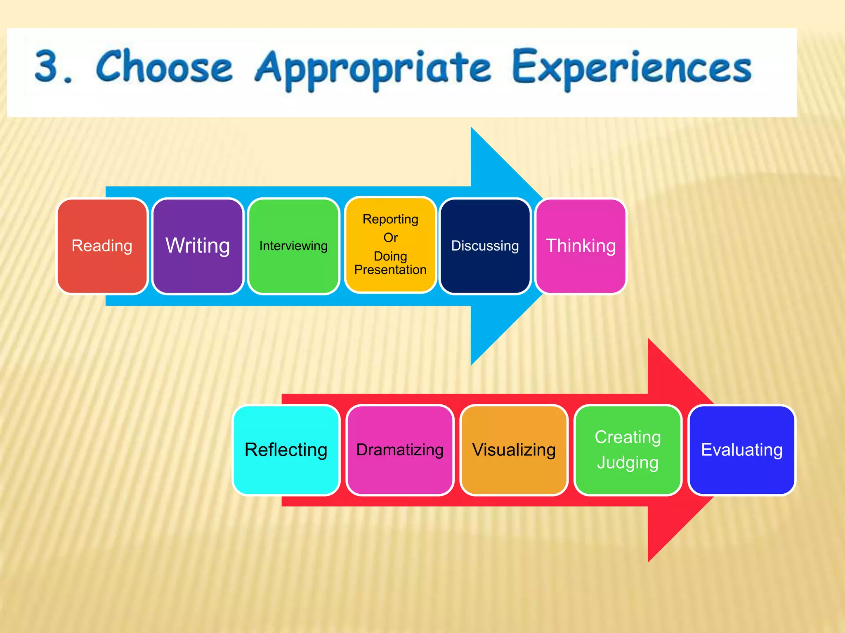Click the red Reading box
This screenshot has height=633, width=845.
tap(102, 246)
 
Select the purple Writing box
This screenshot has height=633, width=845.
tap(198, 246)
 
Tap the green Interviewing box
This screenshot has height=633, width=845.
tap(293, 246)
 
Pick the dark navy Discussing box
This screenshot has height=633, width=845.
tap(485, 246)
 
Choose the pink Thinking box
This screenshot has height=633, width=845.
tap(581, 246)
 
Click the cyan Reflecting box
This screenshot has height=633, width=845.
tap(286, 450)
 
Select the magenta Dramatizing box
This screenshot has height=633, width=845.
tap(400, 450)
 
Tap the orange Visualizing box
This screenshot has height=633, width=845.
tap(514, 450)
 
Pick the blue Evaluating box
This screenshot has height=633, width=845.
tap(742, 450)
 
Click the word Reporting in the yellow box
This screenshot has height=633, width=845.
tap(390, 219)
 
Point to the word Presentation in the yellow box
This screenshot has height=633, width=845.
tap(390, 270)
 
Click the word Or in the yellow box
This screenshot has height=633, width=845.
tap(390, 238)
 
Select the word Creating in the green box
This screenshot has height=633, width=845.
tap(628, 437)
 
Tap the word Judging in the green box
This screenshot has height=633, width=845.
tap(628, 462)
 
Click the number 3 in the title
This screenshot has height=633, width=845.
tap(46, 66)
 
